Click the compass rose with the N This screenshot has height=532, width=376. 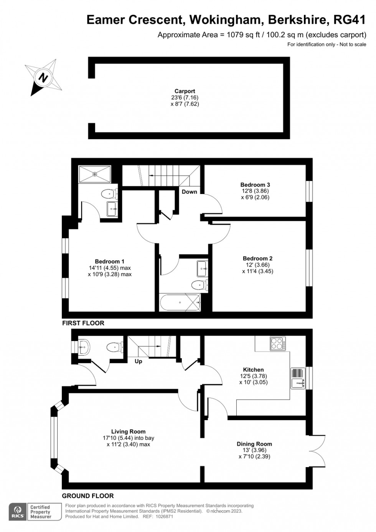click(44, 77)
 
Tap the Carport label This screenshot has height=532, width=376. click(185, 91)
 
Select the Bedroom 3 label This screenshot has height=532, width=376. click(255, 185)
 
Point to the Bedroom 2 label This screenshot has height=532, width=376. click(257, 259)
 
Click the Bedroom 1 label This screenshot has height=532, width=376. click(110, 262)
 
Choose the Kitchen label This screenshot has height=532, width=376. click(253, 370)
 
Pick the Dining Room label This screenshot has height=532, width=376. click(254, 444)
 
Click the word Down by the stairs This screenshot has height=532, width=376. click(189, 192)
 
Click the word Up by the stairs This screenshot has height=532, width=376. click(139, 361)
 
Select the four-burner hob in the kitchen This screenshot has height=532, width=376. click(278, 343)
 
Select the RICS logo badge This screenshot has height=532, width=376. click(18, 512)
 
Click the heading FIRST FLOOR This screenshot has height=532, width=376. click(83, 323)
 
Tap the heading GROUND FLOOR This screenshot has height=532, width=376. click(88, 496)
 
